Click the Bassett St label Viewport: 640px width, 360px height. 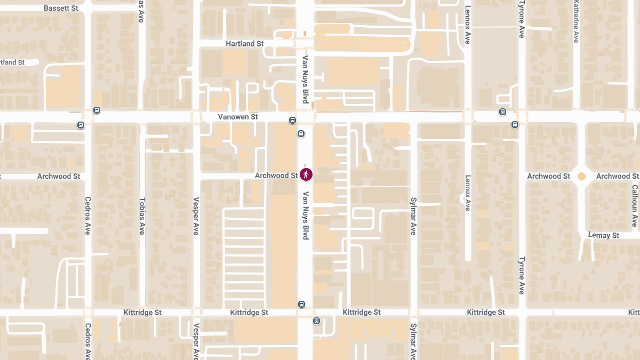(x=61, y=9)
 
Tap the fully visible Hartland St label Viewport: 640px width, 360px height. (x=245, y=44)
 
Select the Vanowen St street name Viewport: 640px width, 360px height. (x=238, y=116)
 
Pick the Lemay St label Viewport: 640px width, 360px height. (x=603, y=235)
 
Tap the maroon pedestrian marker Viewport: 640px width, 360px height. (x=306, y=174)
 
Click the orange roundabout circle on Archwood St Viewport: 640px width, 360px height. (x=581, y=176)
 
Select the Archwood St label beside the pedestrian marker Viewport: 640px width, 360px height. (x=276, y=175)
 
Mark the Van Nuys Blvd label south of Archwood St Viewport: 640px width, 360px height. (x=306, y=215)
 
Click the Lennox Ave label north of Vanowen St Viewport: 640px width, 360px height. (x=468, y=25)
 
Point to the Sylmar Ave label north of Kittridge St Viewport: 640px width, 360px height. (x=413, y=216)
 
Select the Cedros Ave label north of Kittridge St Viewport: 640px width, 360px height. (x=88, y=216)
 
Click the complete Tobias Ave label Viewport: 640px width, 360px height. (x=142, y=216)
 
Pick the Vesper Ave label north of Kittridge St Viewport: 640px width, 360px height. (x=196, y=216)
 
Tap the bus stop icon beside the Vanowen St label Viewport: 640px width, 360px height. (x=292, y=120)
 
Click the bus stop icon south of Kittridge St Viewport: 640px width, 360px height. (x=316, y=321)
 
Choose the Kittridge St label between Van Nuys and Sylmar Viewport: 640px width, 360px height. (x=362, y=312)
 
